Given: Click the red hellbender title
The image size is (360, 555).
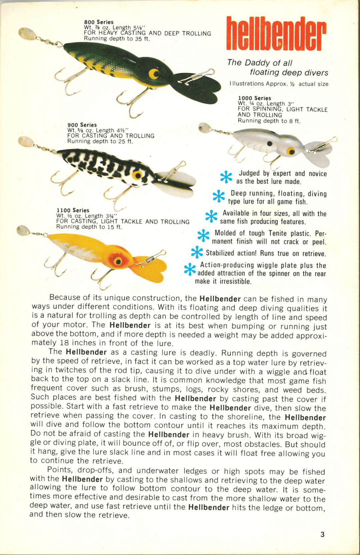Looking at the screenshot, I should click(x=276, y=34).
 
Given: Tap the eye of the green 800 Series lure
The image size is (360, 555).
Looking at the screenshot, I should click(x=154, y=73).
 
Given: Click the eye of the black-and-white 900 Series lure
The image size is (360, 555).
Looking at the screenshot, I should click(x=137, y=175).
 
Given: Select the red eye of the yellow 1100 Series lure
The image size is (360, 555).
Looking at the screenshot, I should click(x=118, y=261).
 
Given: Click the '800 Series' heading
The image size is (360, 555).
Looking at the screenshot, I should click(x=99, y=22).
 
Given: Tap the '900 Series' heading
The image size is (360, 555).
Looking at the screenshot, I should click(x=82, y=125).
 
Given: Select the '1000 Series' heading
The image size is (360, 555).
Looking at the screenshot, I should click(x=254, y=98).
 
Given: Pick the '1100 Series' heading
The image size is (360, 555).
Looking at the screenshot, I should click(x=73, y=210).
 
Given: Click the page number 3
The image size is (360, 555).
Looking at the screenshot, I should click(x=322, y=534).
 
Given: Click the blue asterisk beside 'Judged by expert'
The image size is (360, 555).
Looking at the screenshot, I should click(x=226, y=177).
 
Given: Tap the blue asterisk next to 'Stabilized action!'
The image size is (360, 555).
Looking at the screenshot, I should click(x=197, y=252).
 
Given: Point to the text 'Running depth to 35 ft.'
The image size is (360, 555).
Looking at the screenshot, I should click(x=117, y=39).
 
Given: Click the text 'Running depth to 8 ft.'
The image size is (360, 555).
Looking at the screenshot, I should click(x=269, y=121).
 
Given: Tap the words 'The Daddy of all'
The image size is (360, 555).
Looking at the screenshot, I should click(x=260, y=63).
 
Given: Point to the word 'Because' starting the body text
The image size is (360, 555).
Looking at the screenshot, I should click(x=65, y=297).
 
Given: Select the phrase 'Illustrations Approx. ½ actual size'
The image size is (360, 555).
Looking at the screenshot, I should click(x=279, y=84).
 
